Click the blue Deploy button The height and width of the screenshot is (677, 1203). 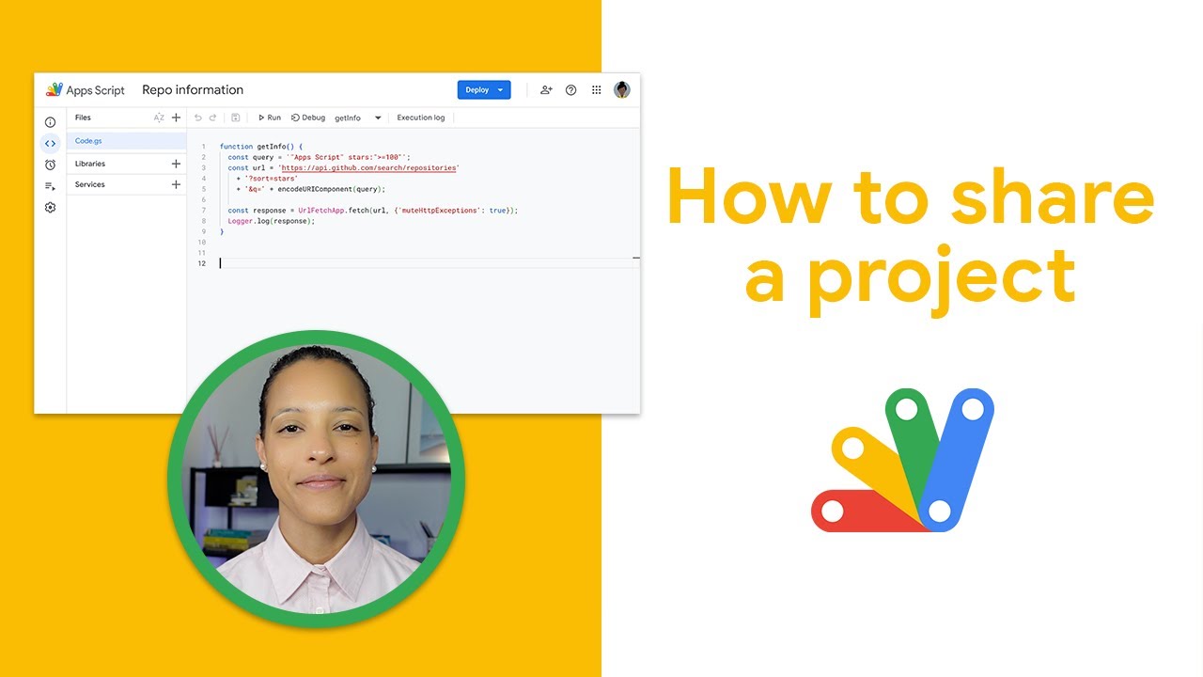coord(483,90)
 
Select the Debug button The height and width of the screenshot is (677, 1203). coord(308,118)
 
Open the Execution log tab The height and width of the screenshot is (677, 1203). coord(420,118)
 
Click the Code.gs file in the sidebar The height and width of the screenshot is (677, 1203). coord(88,141)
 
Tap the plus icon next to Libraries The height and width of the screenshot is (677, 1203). coord(176,164)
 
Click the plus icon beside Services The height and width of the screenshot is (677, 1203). coord(176,184)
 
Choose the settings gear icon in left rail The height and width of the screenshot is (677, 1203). coord(50,207)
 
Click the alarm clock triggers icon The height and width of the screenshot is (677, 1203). coord(50,165)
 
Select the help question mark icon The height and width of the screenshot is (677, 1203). coord(570,90)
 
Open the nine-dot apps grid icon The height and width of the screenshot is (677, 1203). coord(596,90)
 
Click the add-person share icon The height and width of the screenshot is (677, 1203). coord(546,90)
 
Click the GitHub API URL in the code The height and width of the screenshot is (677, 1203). coord(368,167)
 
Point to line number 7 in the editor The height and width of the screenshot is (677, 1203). coord(203,211)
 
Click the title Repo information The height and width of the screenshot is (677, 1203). coord(193,90)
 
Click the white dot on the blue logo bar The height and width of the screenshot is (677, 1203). coord(973,409)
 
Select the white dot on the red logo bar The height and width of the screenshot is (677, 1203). coord(833,512)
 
